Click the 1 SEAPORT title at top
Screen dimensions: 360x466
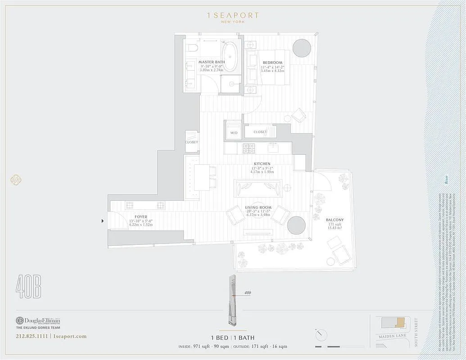click(x=233, y=16)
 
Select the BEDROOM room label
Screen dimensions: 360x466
click(x=272, y=63)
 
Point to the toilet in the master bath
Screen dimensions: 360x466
click(x=192, y=49)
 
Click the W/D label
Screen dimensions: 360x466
click(x=234, y=133)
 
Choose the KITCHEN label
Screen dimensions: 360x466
click(x=262, y=164)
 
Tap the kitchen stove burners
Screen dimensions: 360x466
click(x=249, y=147)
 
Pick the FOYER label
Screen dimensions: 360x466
click(x=141, y=217)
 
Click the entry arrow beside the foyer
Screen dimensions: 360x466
click(x=103, y=220)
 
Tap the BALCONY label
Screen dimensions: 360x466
click(x=335, y=220)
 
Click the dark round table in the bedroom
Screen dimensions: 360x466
click(x=302, y=48)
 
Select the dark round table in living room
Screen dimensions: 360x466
click(x=297, y=225)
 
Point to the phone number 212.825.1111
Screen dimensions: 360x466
click(x=32, y=336)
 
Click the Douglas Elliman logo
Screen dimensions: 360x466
click(x=38, y=321)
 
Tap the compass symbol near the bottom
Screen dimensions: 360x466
click(x=321, y=335)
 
